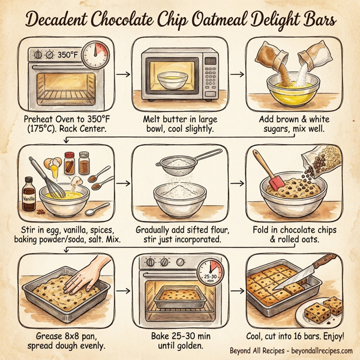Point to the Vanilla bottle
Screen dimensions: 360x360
(x=28, y=193)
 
